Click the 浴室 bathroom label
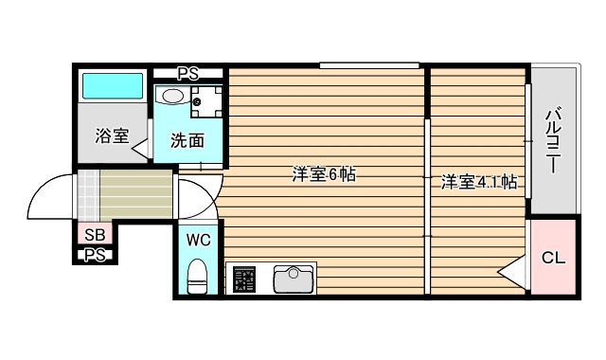tap(112, 135)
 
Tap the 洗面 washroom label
tap(187, 141)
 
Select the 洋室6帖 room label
tap(323, 175)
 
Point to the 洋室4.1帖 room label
tap(479, 182)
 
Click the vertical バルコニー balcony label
tap(551, 141)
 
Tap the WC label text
tap(198, 239)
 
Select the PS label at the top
tap(188, 72)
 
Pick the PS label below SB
tap(95, 255)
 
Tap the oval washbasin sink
tap(173, 95)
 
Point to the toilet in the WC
tap(198, 277)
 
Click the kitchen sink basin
tap(294, 279)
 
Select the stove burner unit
tap(244, 280)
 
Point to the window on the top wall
tap(369, 65)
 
